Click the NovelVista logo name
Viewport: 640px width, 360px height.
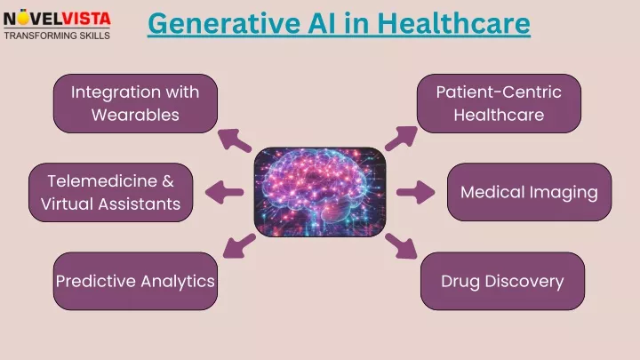point(57,19)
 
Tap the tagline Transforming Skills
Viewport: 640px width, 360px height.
point(57,36)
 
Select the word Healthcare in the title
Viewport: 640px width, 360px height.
point(453,23)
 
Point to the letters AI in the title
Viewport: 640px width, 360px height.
point(323,23)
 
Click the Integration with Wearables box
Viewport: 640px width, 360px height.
point(135,103)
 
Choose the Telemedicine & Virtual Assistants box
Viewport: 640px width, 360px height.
point(110,192)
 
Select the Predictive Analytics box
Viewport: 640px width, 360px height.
point(135,281)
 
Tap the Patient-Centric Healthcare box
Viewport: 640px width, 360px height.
point(499,103)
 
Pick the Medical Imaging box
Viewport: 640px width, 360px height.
point(530,192)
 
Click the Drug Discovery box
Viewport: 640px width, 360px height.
point(502,281)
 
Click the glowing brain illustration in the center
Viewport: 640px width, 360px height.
point(320,192)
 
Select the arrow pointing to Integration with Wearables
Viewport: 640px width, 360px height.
point(234,140)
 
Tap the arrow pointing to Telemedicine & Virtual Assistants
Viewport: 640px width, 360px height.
point(224,192)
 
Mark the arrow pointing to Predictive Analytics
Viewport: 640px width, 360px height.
point(239,245)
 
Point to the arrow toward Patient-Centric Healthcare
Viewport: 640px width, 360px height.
point(401,138)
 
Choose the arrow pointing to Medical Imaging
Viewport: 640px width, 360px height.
point(415,192)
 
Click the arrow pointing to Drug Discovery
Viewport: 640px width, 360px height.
point(401,246)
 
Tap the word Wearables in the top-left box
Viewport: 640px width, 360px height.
point(135,115)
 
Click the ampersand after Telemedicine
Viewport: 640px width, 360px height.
point(168,180)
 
